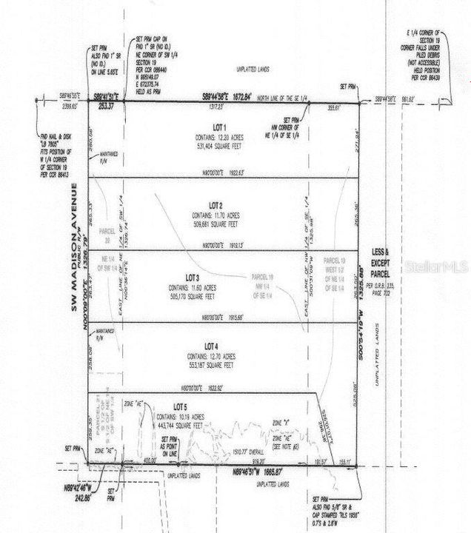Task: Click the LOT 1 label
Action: pos(219,127)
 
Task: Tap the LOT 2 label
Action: pos(216,205)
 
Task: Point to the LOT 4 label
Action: pos(212,346)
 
